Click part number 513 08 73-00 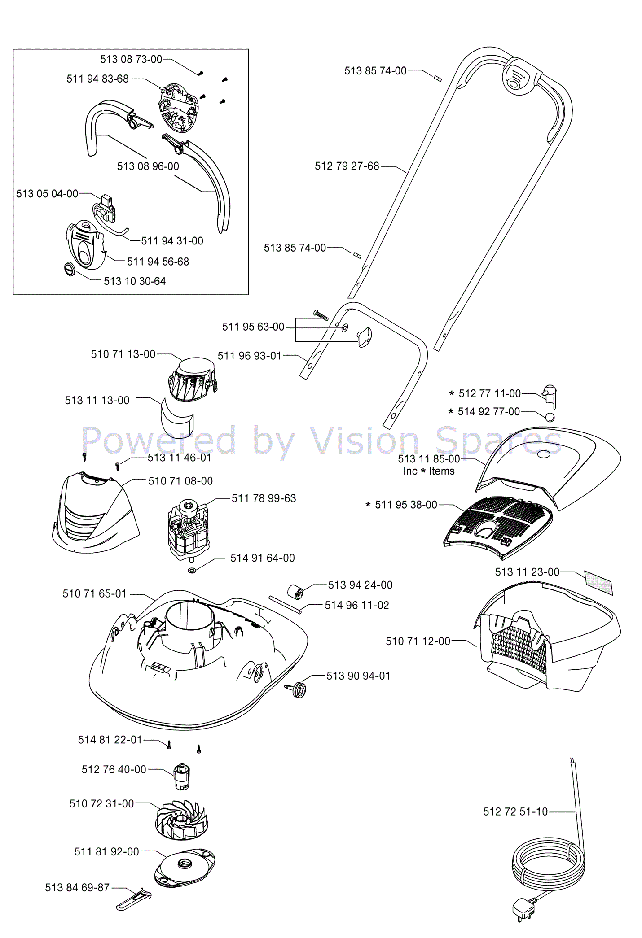131,59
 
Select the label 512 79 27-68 347,166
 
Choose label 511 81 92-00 106,851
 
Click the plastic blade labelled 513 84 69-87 134,899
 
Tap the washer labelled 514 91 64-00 192,571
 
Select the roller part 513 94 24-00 296,592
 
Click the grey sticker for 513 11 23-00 598,582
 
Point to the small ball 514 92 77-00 550,418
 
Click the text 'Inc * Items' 429,471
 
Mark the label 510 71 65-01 94,593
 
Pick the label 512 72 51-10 515,811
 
